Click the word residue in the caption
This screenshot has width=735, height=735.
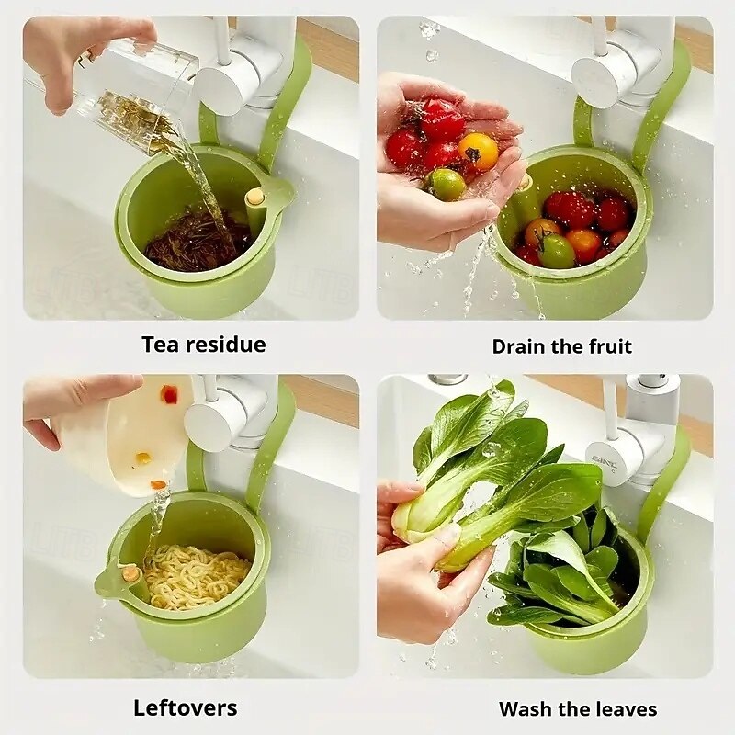click(x=226, y=345)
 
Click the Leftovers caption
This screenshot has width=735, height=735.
click(x=186, y=707)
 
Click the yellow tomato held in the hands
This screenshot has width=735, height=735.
click(x=478, y=152)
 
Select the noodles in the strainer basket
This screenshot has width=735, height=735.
click(x=197, y=577)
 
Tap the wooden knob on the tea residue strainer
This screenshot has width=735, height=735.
click(x=255, y=195)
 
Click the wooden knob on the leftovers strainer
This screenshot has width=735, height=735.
click(x=130, y=573)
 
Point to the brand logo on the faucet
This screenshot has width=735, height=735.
click(x=605, y=463)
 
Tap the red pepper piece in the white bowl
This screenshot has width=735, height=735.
click(x=169, y=395)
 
